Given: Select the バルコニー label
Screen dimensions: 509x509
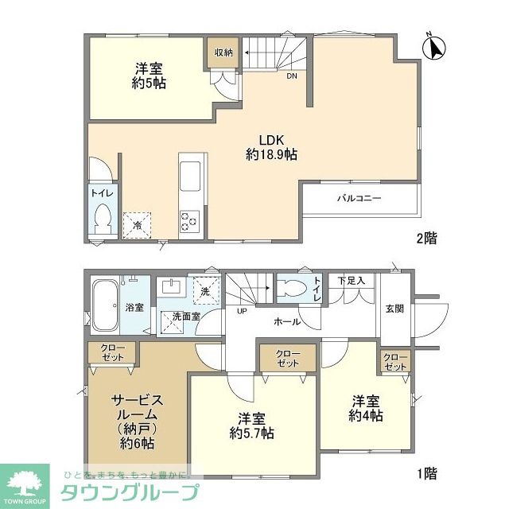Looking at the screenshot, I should [x=358, y=197].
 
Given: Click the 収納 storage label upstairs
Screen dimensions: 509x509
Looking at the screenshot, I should [x=223, y=52].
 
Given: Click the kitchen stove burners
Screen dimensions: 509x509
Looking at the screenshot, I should [x=190, y=220].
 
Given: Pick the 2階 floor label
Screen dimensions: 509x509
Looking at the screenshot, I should [x=425, y=237].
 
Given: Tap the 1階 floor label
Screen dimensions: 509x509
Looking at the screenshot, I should [x=425, y=473].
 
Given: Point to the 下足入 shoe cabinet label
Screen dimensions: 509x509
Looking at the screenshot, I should [x=350, y=281].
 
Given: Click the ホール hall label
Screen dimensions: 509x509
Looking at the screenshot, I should [x=286, y=321].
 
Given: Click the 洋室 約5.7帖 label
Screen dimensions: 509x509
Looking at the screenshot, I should [x=252, y=426].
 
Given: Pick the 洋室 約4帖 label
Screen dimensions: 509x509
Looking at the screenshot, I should [x=366, y=408].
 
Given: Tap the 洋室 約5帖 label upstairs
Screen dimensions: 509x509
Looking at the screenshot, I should [x=149, y=76].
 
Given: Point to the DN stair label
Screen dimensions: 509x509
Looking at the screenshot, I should [x=293, y=77].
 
